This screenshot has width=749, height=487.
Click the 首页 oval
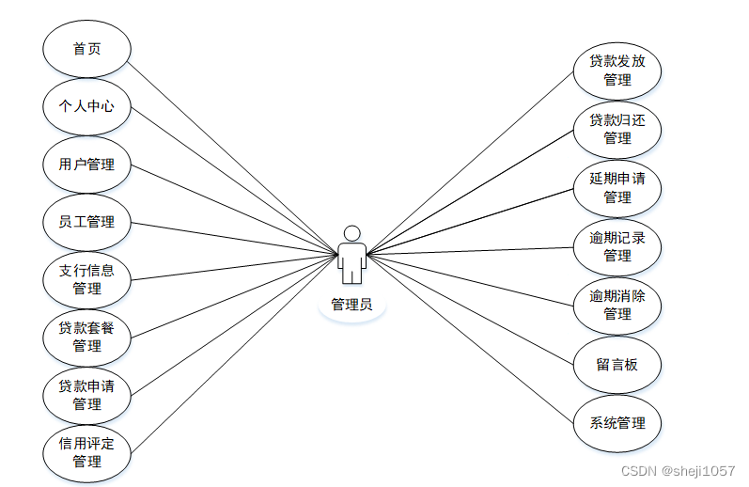[x=86, y=49]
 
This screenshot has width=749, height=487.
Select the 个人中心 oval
[x=86, y=106]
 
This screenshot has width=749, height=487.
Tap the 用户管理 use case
[x=86, y=165]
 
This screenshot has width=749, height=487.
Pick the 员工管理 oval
[x=86, y=222]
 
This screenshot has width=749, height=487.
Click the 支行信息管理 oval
[x=86, y=279]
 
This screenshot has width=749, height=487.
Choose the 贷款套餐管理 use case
[x=86, y=337]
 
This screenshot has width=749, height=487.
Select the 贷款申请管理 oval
[x=86, y=395]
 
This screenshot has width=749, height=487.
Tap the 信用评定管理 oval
[x=86, y=452]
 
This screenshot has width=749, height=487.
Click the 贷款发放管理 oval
[x=617, y=71]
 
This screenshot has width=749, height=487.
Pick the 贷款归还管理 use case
[x=617, y=129]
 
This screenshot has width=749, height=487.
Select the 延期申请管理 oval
[x=617, y=187]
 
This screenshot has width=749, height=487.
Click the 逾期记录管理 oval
[x=617, y=246]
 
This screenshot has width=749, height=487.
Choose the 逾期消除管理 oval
[x=617, y=305]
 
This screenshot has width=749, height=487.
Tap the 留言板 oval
[x=617, y=364]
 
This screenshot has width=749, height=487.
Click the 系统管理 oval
[x=617, y=423]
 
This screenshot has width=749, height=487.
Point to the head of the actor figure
[x=351, y=233]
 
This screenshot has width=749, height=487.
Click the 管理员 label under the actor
[x=351, y=305]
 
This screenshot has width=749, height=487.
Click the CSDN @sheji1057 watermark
[x=679, y=470]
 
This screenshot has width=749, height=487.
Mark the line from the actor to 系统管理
[x=470, y=338]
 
